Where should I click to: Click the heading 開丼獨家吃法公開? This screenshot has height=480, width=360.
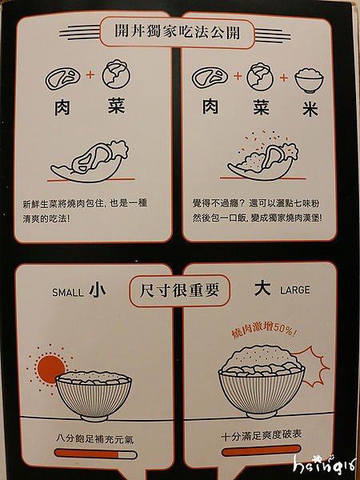pos(177,33)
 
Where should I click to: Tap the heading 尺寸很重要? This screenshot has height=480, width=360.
pos(179,291)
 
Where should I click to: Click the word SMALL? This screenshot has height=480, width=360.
pos(68,292)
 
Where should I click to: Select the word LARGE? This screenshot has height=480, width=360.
pos(295,290)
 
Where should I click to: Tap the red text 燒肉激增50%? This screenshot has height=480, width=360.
pos(263,331)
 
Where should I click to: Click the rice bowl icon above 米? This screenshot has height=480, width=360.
pos(309,79)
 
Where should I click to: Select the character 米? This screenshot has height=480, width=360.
pos(310,110)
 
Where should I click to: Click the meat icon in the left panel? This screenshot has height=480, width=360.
pos(63,78)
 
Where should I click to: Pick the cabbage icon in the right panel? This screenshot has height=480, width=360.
pos(259,77)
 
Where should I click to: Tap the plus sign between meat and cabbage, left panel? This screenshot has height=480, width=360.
pos(90,74)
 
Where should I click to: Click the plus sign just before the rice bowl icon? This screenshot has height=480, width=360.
pos(284,78)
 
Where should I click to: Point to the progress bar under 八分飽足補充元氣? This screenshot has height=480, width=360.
pos(96,454)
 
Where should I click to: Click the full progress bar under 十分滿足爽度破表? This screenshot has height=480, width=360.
pos(262,450)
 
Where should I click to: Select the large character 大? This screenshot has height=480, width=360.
pos(262,289)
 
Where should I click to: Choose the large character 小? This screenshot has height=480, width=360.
pos(98,290)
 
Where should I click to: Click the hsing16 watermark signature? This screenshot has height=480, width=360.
pos(325,465)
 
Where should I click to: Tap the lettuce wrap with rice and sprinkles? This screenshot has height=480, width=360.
pos(262,159)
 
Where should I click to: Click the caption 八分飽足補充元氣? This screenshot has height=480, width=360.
pos(95,439)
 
